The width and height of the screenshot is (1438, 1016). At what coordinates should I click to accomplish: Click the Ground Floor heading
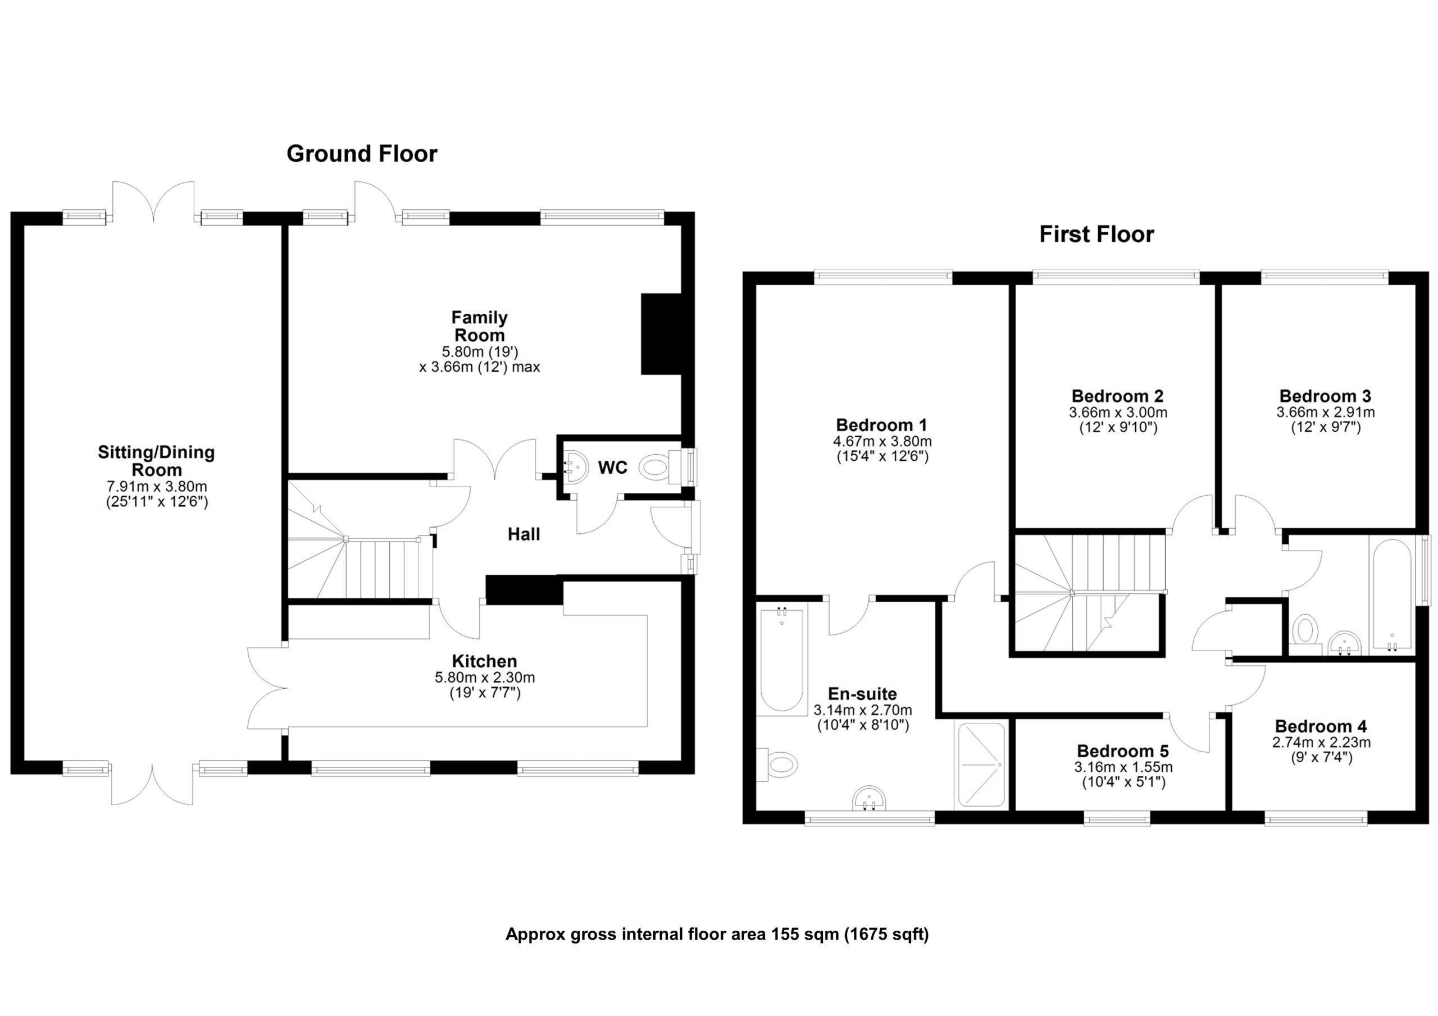click(361, 154)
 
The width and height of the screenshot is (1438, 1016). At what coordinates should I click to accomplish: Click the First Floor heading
click(1096, 235)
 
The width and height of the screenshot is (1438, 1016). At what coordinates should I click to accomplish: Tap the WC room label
click(612, 468)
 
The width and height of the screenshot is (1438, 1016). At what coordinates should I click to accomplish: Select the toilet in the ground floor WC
click(656, 468)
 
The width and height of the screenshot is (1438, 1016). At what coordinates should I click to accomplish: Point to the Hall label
click(524, 534)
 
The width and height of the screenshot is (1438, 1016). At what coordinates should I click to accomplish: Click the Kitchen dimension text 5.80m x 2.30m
click(484, 678)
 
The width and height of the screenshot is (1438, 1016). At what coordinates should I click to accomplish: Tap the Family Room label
click(479, 326)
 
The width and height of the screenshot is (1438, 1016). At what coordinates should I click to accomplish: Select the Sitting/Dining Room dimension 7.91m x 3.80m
click(156, 487)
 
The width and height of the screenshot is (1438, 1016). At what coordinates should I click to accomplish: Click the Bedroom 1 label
click(881, 425)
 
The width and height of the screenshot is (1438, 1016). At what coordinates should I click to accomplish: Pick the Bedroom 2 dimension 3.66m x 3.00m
click(1117, 413)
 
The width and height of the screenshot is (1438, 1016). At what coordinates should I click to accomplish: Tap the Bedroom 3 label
click(1325, 396)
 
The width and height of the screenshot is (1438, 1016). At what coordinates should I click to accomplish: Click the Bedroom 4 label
click(1320, 726)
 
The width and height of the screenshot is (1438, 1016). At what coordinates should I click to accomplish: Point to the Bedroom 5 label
click(1123, 750)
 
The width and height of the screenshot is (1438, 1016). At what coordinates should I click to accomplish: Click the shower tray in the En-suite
click(981, 765)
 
